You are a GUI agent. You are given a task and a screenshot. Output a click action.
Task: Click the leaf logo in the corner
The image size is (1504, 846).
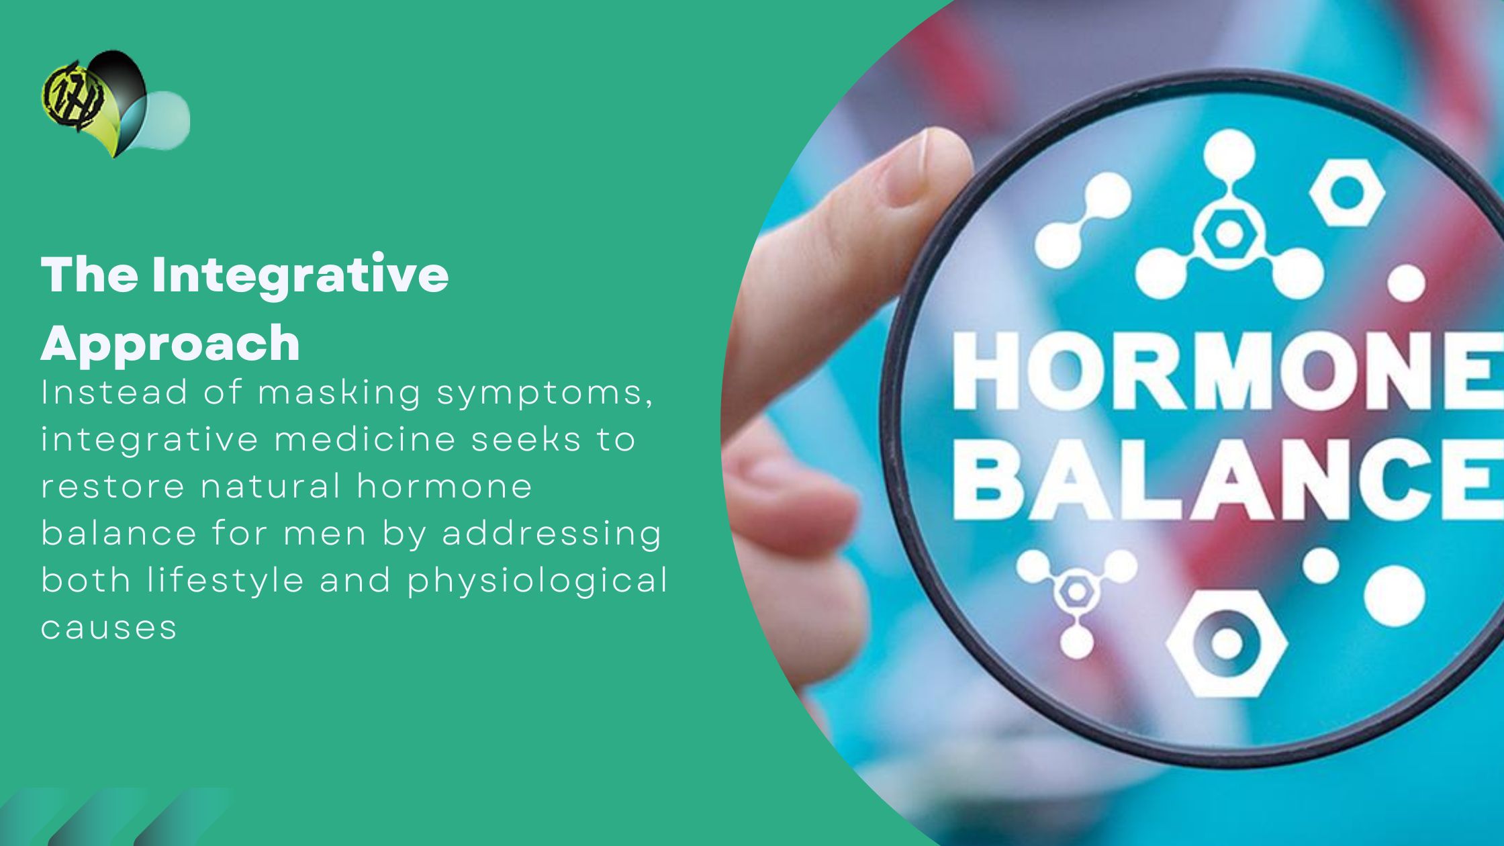click(114, 104)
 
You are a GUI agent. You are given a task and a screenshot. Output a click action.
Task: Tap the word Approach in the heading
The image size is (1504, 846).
click(171, 343)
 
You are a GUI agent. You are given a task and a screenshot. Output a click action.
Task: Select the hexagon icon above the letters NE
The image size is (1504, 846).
click(1346, 194)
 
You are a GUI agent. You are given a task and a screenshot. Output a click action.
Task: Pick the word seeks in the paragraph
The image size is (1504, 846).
click(526, 440)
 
